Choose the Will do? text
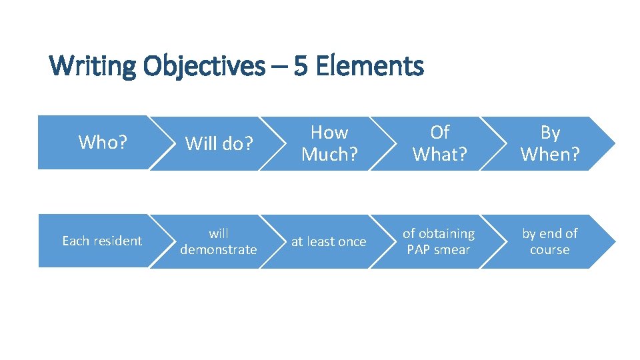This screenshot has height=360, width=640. tap(219, 143)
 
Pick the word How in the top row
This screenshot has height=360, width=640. tap(329, 133)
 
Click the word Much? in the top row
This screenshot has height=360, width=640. tap(329, 154)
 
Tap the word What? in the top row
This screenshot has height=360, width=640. tap(440, 154)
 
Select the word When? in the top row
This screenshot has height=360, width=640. tap(550, 154)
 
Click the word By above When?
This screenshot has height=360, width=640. tap(550, 133)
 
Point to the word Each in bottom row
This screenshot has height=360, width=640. tap(75, 241)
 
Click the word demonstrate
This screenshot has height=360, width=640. tap(219, 249)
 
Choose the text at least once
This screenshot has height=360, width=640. tap(329, 241)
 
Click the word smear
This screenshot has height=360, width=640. tap(453, 250)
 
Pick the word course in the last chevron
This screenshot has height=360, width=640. tap(550, 250)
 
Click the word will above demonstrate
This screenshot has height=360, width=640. tap(219, 233)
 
